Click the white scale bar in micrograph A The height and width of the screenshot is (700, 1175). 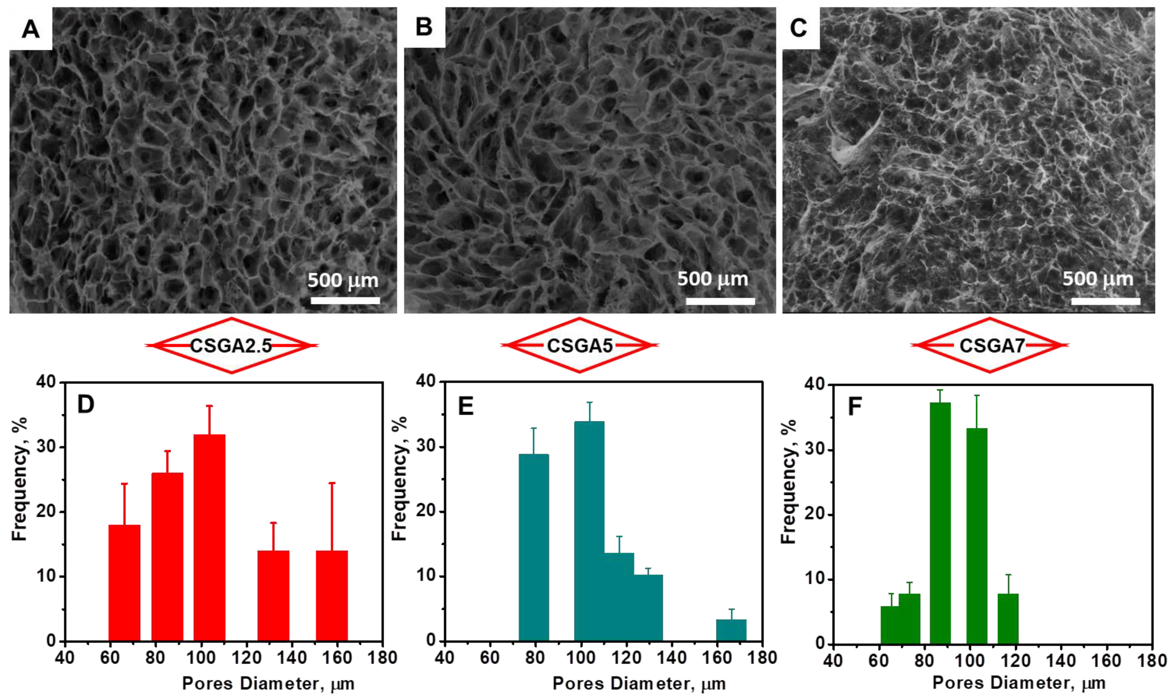pos(345,300)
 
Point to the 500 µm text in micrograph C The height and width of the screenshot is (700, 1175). pos(1098,279)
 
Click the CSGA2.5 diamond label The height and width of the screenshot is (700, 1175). pos(231,346)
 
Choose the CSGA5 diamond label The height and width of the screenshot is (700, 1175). pos(579,346)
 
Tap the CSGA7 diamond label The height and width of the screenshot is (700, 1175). pos(990,346)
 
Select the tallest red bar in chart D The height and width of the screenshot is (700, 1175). pos(209,538)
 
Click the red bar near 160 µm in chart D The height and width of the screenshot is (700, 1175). pos(332,595)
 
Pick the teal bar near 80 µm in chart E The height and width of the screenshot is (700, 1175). pos(534,547)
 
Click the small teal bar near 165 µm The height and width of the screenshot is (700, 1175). pos(731,630)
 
